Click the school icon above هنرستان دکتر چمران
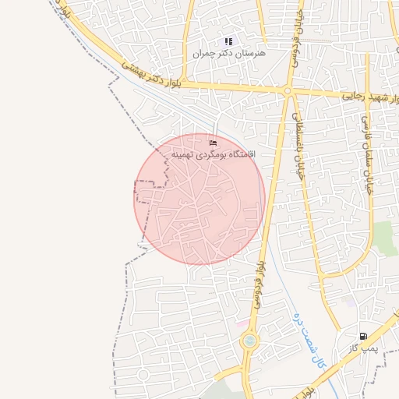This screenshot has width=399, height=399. (228, 41)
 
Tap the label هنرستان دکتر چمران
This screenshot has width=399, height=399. (228, 54)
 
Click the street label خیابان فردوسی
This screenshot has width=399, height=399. (295, 39)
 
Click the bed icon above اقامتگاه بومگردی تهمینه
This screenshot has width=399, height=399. (214, 143)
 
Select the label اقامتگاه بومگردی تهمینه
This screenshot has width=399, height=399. (214, 155)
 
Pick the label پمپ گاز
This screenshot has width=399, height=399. (363, 348)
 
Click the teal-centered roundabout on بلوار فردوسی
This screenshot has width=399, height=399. (249, 341)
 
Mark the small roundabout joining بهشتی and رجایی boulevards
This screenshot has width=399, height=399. (287, 92)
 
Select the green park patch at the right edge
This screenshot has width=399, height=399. (386, 238)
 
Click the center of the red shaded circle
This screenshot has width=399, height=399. (199, 199)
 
